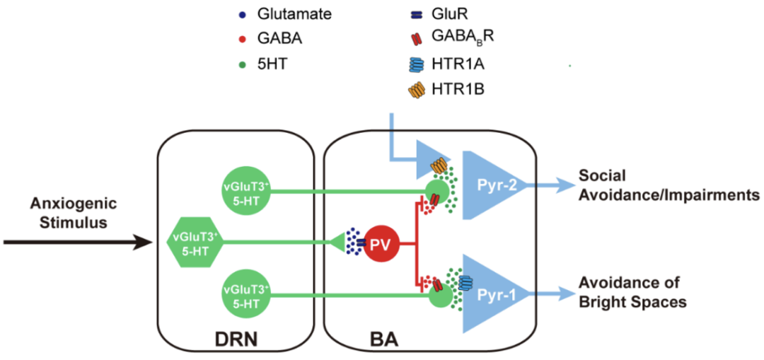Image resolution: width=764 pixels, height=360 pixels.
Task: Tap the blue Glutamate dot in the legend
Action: [x=243, y=13]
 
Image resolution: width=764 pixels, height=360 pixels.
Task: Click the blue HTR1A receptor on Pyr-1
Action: [x=466, y=282]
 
